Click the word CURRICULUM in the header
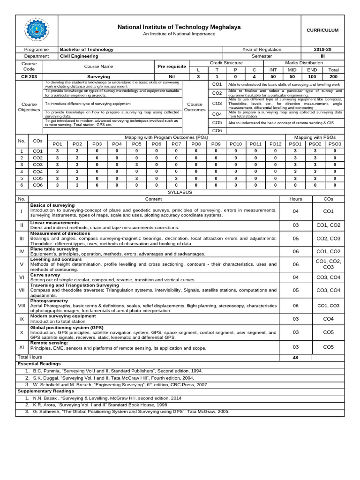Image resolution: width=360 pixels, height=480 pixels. coord(322,30)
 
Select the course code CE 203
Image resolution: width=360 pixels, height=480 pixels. coord(29,76)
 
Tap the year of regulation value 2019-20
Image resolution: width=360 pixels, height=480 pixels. coord(322,49)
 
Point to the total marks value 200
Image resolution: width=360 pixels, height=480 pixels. coord(334,76)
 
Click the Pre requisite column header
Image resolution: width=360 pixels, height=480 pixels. coord(172,66)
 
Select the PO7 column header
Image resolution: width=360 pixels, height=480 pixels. coord(176,144)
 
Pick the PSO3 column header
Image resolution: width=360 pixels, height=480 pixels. coord(335,144)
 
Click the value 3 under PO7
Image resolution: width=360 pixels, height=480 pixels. coord(176,178)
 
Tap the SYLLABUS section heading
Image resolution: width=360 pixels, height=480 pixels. coord(180,192)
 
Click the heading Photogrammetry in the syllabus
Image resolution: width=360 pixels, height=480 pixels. coord(49,300)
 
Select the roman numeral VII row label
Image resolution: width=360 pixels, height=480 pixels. coord(21,290)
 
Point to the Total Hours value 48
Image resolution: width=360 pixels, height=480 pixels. coord(295,357)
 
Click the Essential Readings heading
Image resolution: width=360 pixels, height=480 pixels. coord(39,364)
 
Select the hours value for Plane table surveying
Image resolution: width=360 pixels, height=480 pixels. coord(295,251)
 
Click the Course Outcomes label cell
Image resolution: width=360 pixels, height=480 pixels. coord(195,107)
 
